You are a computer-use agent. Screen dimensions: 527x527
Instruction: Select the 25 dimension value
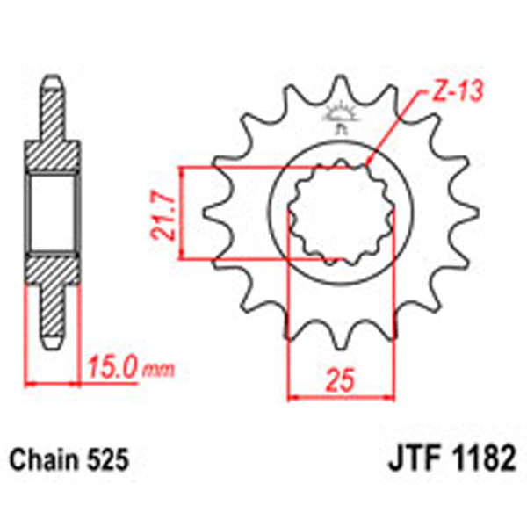tap(343, 380)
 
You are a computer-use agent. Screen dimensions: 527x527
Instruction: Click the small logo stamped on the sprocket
tap(341, 115)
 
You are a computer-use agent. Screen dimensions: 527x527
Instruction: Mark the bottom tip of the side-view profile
tap(50, 343)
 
